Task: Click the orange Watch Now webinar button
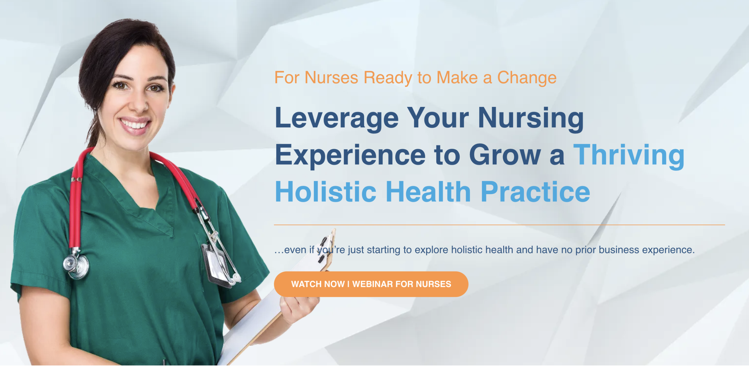click(371, 284)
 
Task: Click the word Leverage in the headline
click(336, 118)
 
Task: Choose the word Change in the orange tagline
click(527, 78)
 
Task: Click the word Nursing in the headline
click(530, 118)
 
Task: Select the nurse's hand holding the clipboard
click(298, 307)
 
